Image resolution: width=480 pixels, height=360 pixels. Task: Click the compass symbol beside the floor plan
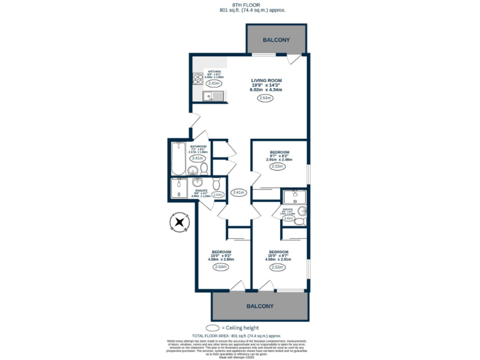(x=179, y=222)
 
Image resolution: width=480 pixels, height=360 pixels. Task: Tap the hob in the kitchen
(x=198, y=78)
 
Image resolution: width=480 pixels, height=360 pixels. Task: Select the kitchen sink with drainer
(x=212, y=96)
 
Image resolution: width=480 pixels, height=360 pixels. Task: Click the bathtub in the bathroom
(x=178, y=158)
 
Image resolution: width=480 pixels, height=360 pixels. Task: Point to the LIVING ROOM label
(x=267, y=81)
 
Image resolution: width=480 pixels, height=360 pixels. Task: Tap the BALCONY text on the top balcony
(x=276, y=40)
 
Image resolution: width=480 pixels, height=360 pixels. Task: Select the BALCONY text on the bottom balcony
(x=259, y=306)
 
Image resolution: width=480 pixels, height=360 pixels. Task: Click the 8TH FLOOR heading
(x=239, y=4)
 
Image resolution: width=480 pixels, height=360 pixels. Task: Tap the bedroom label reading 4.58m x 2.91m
(x=278, y=256)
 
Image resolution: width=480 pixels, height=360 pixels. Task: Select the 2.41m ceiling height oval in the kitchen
(x=214, y=83)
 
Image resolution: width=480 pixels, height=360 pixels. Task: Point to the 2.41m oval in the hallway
(x=238, y=192)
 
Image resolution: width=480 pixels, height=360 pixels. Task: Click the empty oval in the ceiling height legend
(x=213, y=327)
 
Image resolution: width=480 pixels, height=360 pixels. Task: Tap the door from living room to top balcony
(x=292, y=60)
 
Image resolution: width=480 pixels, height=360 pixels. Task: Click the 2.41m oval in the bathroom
(x=197, y=158)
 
